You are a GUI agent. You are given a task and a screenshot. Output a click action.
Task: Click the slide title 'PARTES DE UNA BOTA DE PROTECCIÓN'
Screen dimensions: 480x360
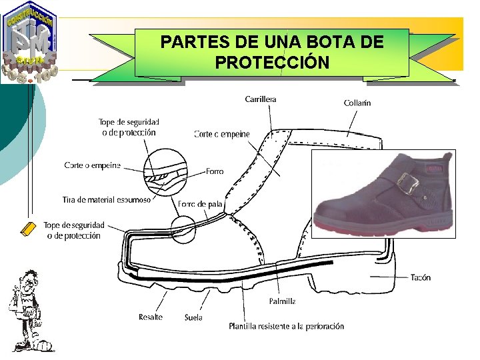point(272,52)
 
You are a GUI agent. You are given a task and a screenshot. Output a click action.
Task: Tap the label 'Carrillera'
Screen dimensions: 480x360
point(261,99)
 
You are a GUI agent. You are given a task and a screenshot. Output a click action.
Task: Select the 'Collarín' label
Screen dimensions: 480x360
point(357,103)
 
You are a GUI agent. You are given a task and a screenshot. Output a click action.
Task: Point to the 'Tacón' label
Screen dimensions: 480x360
point(420,277)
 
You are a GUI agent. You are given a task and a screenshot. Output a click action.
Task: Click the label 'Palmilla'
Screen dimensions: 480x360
point(282,301)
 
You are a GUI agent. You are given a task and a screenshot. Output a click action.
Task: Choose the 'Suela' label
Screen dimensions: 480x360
point(193,317)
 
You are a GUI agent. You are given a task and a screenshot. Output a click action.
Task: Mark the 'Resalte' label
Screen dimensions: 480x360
point(151,317)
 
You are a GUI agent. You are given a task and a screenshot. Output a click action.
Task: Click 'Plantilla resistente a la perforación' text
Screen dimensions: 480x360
point(286,327)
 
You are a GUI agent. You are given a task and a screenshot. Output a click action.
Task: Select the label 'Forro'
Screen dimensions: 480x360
point(215,171)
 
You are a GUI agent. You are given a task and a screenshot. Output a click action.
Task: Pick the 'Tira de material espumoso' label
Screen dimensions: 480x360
point(107,199)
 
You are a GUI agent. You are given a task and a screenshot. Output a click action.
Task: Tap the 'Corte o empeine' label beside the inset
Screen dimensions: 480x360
point(93,165)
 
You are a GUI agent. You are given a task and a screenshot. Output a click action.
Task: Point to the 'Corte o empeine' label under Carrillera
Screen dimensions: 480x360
point(221,134)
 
